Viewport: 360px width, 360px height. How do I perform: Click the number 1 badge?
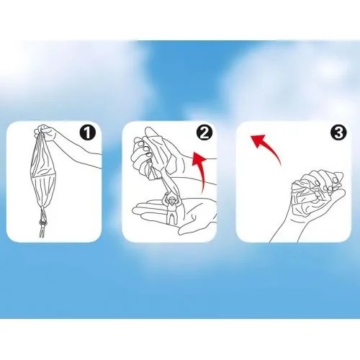pos(88,132)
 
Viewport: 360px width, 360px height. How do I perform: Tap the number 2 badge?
pos(204,132)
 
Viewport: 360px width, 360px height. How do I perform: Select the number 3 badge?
pos(339,132)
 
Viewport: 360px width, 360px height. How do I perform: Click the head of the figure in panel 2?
pos(171,200)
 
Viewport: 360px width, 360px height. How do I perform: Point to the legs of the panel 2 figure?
pos(171,218)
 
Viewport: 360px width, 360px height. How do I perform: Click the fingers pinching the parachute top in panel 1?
pos(45,132)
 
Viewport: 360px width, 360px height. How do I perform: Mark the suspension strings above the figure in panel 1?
pos(42,208)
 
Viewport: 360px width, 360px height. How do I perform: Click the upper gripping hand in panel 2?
pos(153,151)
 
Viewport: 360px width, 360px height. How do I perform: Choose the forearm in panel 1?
pos(79,153)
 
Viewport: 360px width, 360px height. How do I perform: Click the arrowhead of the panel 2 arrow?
pos(199,158)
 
